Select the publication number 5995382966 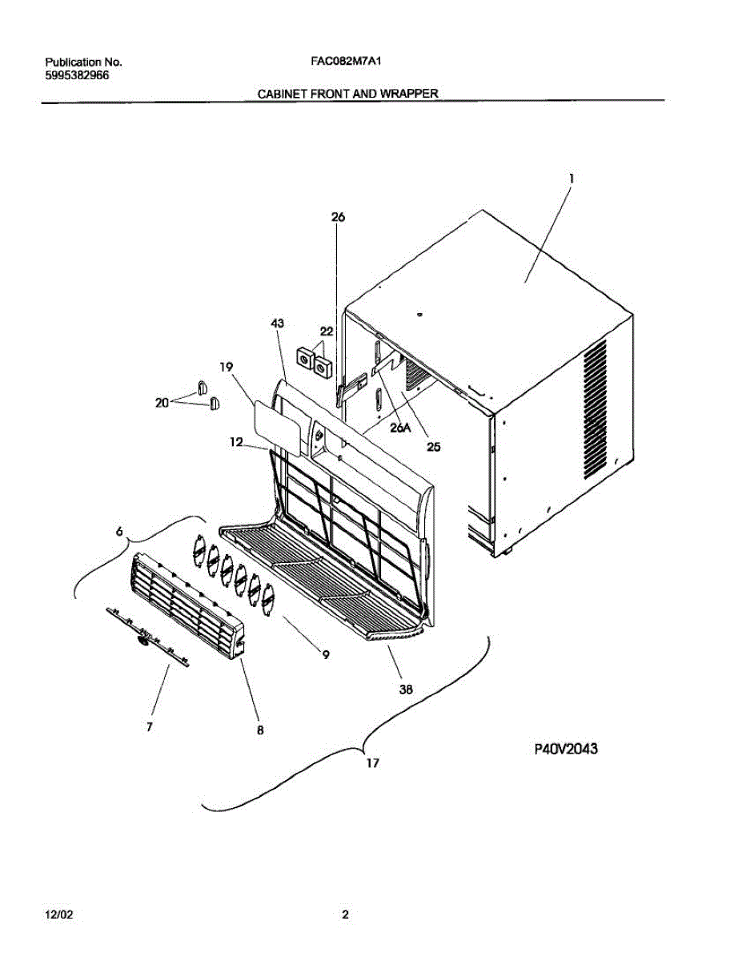point(78,75)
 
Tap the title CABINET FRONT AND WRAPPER point(347,94)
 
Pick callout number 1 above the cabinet point(571,180)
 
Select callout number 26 point(337,217)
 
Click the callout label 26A point(400,428)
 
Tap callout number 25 point(433,447)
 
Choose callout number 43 point(277,324)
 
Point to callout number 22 point(327,331)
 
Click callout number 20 point(162,403)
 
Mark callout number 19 point(227,367)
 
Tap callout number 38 point(406,688)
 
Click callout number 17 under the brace point(372,763)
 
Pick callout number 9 point(326,654)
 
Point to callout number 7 point(150,726)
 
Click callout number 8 point(260,730)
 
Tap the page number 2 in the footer point(345,914)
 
